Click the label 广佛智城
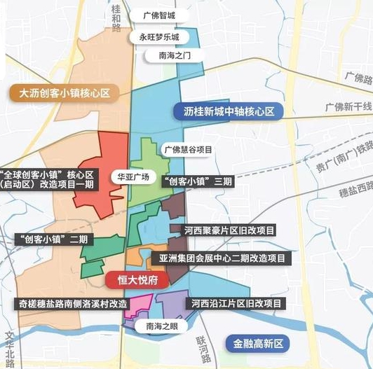pyautogui.click(x=168, y=15)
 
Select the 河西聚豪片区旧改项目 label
pyautogui.click(x=229, y=230)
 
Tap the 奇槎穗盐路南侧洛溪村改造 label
pyautogui.click(x=72, y=304)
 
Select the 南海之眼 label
pyautogui.click(x=163, y=326)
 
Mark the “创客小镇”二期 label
pyautogui.click(x=50, y=239)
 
